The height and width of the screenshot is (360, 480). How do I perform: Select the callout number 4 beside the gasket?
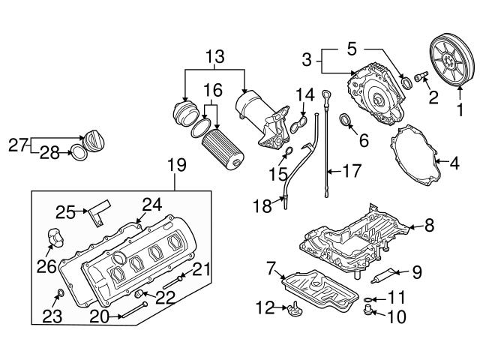coord(454,160)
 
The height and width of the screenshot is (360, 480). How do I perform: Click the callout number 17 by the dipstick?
coord(351,170)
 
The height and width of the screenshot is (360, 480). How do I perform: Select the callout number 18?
coord(261,206)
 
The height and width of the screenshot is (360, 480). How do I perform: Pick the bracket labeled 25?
coord(97,213)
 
